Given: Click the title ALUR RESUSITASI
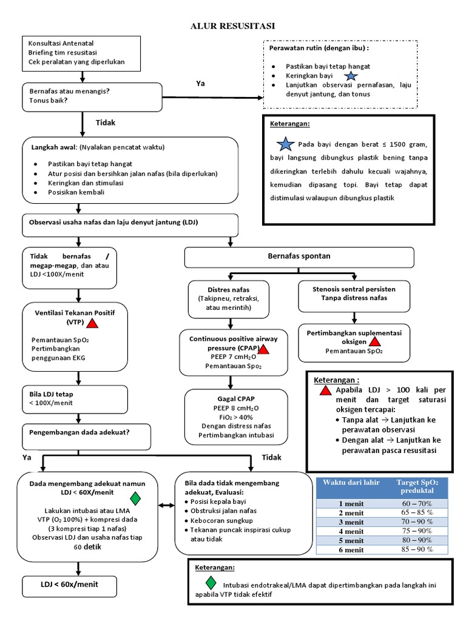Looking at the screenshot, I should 233,25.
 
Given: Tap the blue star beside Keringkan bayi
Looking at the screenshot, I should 351,76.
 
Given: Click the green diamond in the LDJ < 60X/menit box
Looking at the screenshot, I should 135,498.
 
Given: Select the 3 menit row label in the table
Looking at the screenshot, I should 351,522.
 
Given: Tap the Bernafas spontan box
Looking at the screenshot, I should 299,257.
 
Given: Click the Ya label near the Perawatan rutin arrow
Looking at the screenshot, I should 200,83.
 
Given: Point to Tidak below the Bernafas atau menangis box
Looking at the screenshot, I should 105,123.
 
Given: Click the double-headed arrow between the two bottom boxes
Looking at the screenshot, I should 167,506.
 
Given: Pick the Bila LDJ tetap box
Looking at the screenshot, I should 75,398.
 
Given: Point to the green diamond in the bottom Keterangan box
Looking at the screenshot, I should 210,582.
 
